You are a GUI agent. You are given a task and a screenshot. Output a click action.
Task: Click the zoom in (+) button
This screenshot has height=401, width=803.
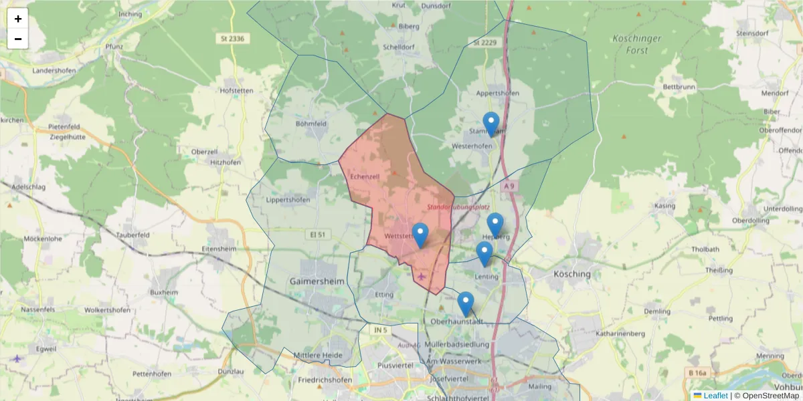[18, 19]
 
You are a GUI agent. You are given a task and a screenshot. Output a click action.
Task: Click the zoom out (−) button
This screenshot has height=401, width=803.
[18, 39]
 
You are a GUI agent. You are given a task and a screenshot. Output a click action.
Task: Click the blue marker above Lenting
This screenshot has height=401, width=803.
[484, 253]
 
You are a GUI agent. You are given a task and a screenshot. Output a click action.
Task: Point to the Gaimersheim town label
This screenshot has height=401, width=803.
[317, 281]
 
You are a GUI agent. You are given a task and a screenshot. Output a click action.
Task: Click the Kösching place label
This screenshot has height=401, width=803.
[572, 274]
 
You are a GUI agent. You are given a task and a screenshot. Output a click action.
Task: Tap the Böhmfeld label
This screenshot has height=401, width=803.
[311, 124]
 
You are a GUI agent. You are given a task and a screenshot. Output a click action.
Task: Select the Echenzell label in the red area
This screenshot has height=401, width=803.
[365, 176]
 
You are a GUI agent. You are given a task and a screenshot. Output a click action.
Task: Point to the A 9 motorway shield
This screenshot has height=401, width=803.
[511, 186]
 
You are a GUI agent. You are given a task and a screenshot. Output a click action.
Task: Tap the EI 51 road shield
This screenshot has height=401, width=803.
[318, 235]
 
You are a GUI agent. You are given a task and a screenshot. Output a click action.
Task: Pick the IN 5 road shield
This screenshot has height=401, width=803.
[380, 330]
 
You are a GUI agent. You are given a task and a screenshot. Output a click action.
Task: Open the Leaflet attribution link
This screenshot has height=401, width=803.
[715, 396]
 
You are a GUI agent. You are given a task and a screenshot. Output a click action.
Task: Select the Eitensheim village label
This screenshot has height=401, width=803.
[219, 249]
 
